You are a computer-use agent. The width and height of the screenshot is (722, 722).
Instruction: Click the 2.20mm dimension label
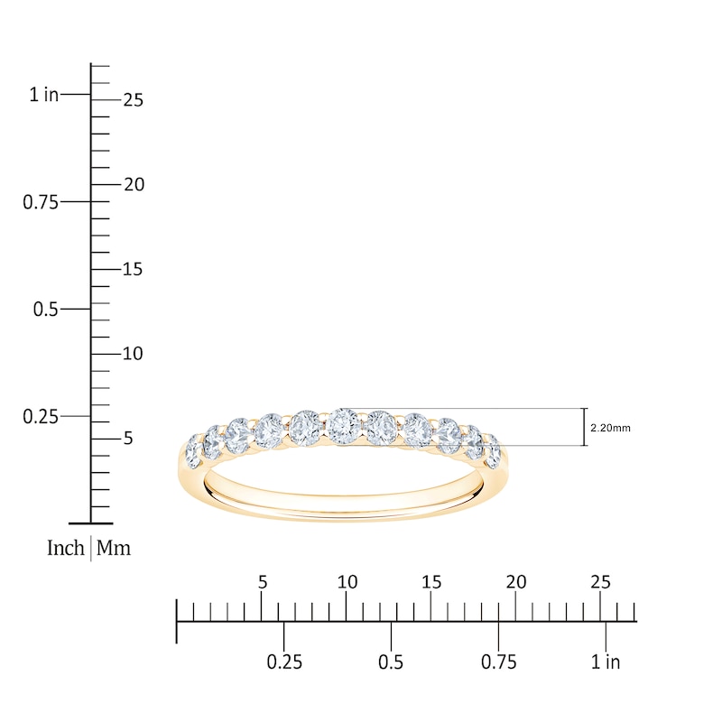pos(610,428)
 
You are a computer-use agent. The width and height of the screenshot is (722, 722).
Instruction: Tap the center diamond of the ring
pos(343,425)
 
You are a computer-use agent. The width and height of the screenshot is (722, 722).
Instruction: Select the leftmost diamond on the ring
pos(193,449)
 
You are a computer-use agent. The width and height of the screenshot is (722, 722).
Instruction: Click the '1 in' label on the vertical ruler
pos(44,95)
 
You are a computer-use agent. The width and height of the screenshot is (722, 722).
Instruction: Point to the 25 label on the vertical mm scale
pos(133,100)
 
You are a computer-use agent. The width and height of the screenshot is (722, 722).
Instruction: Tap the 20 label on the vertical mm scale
pos(134,185)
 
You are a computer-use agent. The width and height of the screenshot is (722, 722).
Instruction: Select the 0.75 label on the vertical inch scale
pos(41,202)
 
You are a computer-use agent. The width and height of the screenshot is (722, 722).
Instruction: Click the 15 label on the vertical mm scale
pos(133,269)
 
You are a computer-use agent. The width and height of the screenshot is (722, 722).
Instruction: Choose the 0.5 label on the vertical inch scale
pos(46,309)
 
